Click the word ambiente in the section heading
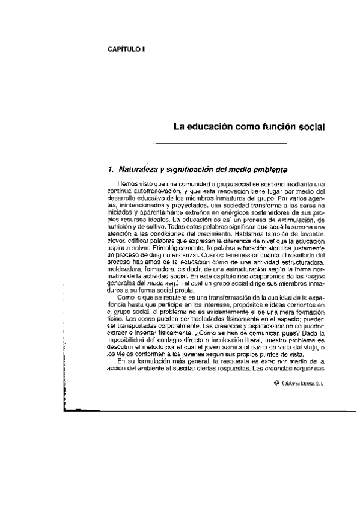(x=261, y=169)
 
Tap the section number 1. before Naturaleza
(x=111, y=169)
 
